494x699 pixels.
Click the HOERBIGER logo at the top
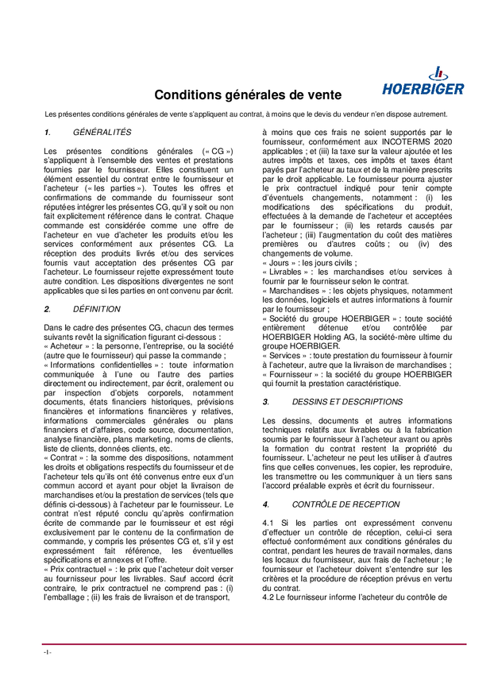pyautogui.click(x=423, y=81)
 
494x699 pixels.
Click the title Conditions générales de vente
pyautogui.click(x=248, y=95)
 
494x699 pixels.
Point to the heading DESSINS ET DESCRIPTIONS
pyautogui.click(x=347, y=402)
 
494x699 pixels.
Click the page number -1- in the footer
pyautogui.click(x=48, y=652)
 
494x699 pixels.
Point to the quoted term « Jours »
pyautogui.click(x=281, y=261)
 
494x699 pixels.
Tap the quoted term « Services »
pyautogui.click(x=286, y=356)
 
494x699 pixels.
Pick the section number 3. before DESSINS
pyautogui.click(x=266, y=402)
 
